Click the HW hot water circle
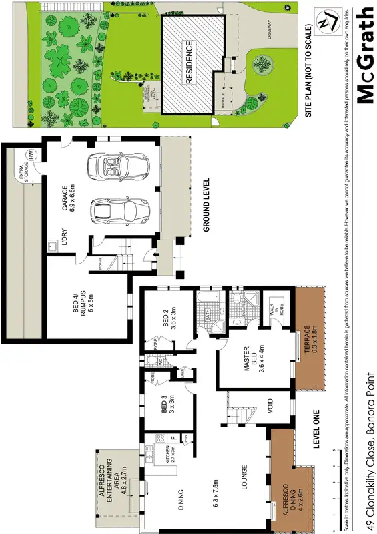[x=30, y=155]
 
